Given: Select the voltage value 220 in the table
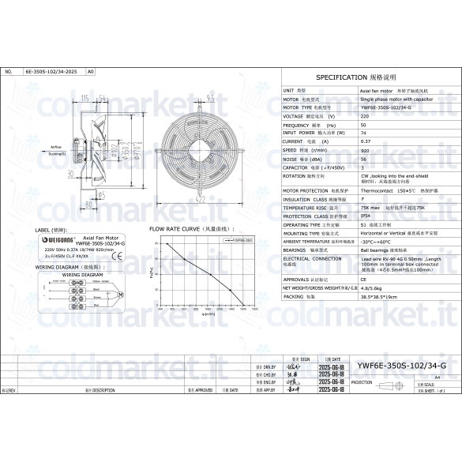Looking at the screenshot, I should click(364, 116).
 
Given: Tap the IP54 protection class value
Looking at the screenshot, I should click(366, 216).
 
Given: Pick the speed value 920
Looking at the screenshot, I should click(365, 149).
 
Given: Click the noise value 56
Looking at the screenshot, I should click(363, 158).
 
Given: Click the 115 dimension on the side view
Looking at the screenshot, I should click(85, 97).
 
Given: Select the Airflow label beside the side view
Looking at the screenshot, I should click(56, 147).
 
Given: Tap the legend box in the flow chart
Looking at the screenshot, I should click(239, 239).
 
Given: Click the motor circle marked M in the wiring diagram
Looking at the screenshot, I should click(120, 294).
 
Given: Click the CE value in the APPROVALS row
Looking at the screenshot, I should click(363, 279).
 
